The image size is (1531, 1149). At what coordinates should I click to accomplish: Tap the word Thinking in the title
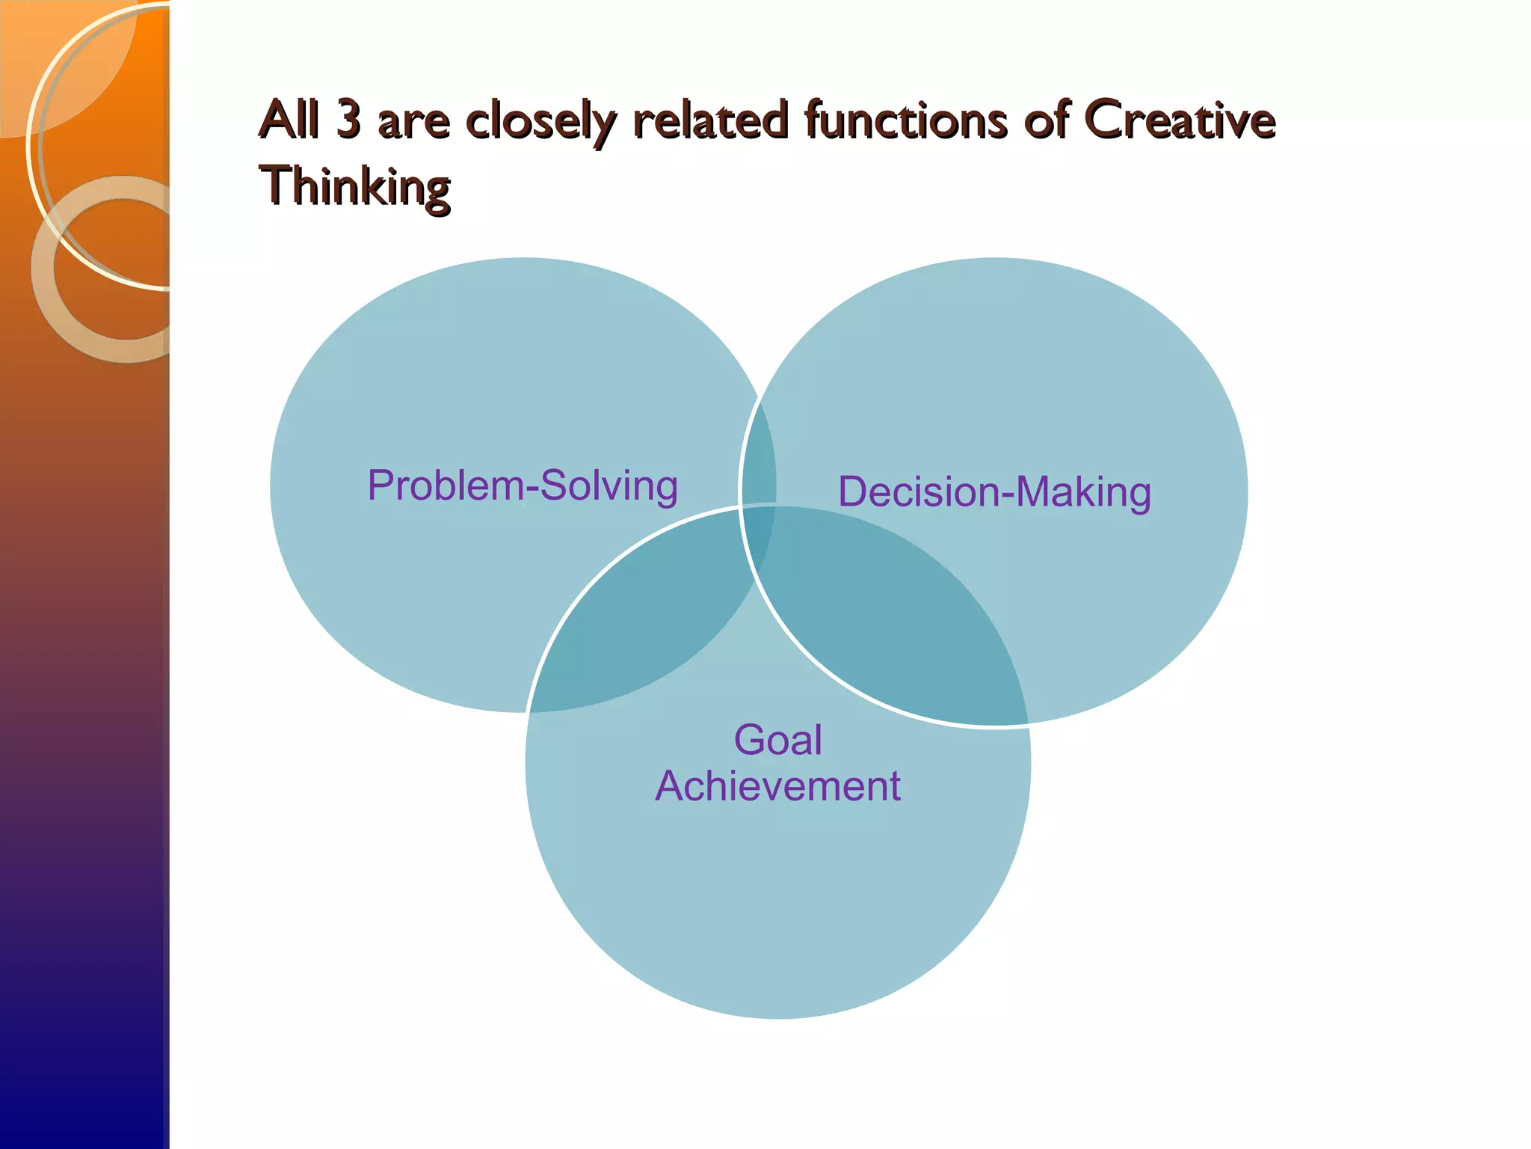pos(354,186)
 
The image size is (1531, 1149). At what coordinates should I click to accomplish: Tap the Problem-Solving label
pos(523,485)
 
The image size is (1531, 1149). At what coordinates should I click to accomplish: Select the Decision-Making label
pos(994,492)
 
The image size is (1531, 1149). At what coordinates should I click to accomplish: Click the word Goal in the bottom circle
pos(777,740)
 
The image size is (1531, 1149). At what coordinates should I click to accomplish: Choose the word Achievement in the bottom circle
pos(777,785)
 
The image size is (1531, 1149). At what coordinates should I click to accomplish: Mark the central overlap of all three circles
pos(759,535)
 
